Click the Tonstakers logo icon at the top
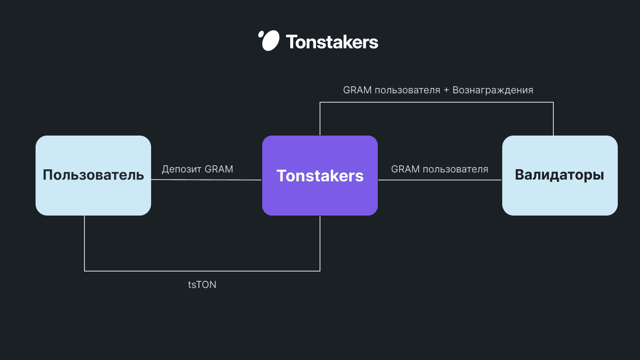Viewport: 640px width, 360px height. pyautogui.click(x=269, y=40)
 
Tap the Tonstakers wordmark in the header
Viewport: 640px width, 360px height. pyautogui.click(x=332, y=42)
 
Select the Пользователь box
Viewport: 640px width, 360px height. pyautogui.click(x=93, y=176)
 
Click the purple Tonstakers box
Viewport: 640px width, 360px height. pyautogui.click(x=320, y=176)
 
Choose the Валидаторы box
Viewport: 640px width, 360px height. pyautogui.click(x=560, y=176)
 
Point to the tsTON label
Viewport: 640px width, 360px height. pyautogui.click(x=202, y=284)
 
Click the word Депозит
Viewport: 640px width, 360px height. pyautogui.click(x=181, y=169)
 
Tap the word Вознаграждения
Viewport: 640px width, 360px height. pyautogui.click(x=493, y=90)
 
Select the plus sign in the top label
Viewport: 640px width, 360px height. pyautogui.click(x=446, y=90)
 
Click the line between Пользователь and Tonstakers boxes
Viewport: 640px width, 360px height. pyautogui.click(x=206, y=180)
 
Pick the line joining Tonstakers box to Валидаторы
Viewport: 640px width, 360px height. pyautogui.click(x=440, y=180)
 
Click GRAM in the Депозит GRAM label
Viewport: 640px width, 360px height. pyautogui.click(x=219, y=169)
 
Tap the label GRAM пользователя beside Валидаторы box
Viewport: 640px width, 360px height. pyautogui.click(x=440, y=169)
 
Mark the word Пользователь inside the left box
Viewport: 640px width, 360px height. pyautogui.click(x=93, y=175)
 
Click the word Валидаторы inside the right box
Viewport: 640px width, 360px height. pyautogui.click(x=560, y=175)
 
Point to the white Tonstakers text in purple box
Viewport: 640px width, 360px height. pyautogui.click(x=320, y=176)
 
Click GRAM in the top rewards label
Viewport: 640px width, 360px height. pyautogui.click(x=357, y=90)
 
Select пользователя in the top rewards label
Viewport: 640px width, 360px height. pyautogui.click(x=408, y=90)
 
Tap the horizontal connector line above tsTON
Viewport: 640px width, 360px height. pyautogui.click(x=202, y=271)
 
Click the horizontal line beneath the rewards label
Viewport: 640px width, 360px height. pyautogui.click(x=436, y=102)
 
